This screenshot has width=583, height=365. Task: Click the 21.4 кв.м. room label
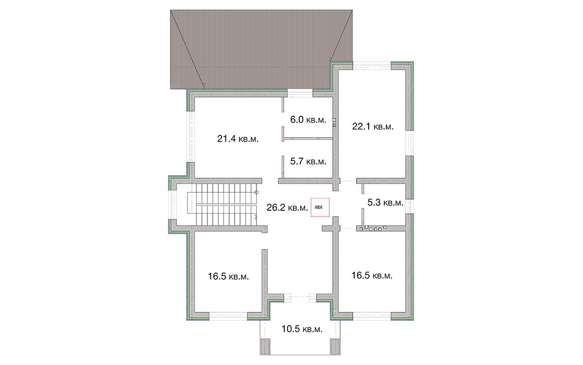(x=238, y=139)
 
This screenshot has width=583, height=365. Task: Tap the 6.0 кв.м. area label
(x=308, y=120)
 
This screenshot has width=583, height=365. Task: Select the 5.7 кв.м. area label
(x=308, y=162)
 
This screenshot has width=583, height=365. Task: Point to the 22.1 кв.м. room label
(x=373, y=127)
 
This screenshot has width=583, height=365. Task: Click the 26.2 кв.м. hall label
(x=287, y=207)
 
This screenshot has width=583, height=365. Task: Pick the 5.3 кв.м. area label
(x=385, y=202)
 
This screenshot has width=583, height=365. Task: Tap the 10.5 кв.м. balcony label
(x=302, y=329)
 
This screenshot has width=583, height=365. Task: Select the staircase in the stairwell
(x=222, y=205)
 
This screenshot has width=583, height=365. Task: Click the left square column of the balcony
(x=266, y=347)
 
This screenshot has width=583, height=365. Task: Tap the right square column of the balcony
(x=334, y=347)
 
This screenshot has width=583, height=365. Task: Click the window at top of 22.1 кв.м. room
(x=372, y=66)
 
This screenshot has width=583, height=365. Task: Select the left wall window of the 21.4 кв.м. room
(x=190, y=137)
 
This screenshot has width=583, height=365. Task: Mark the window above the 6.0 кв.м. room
(x=300, y=93)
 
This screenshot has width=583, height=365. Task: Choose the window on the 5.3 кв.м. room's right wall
(x=410, y=206)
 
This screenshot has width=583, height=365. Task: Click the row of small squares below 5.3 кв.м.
(x=373, y=229)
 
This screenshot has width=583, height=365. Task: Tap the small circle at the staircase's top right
(x=257, y=193)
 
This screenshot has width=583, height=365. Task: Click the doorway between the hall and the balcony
(x=300, y=298)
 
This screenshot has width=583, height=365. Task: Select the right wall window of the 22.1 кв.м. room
(x=410, y=143)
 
